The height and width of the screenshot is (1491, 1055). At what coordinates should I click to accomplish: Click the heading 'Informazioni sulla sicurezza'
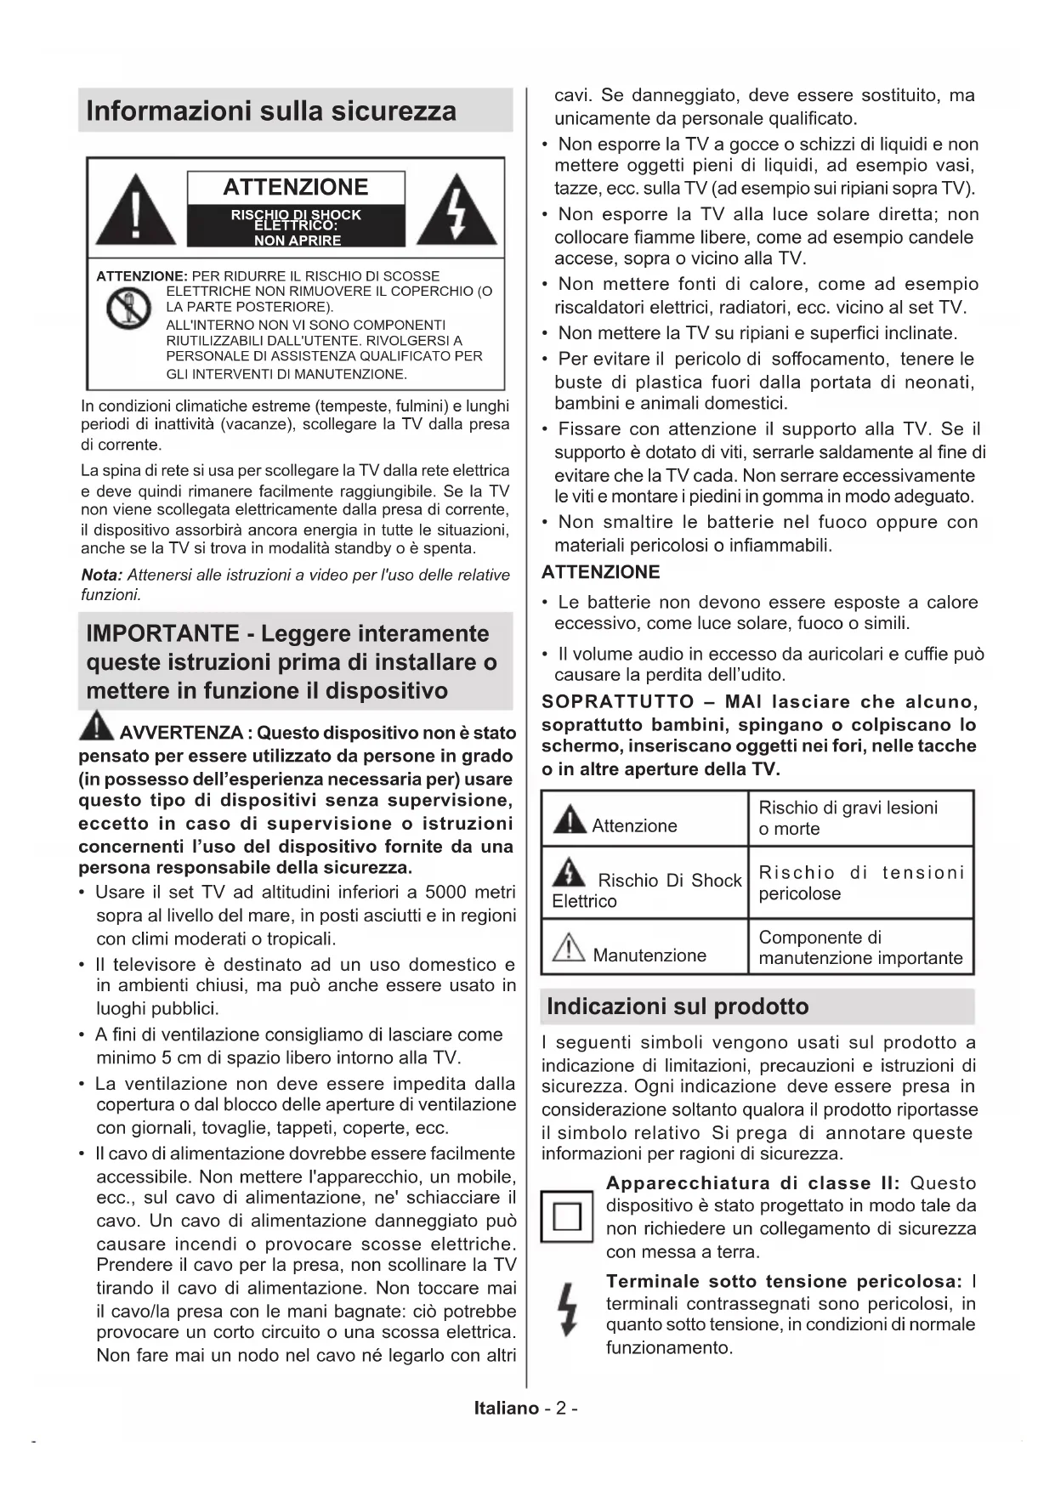coord(271,111)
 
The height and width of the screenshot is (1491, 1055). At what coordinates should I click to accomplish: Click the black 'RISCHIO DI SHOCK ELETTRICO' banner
coord(296,226)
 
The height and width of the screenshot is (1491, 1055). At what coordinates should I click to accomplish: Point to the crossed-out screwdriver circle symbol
coord(128,309)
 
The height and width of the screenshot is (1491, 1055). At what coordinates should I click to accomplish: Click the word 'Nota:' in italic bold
coord(101,575)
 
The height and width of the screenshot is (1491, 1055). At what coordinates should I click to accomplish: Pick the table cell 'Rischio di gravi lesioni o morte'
coord(859,818)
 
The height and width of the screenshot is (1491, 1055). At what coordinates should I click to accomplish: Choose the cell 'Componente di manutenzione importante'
coord(859,947)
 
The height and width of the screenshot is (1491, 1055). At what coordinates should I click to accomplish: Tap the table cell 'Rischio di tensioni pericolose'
coord(859,882)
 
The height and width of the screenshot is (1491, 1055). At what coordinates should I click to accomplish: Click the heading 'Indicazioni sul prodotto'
coord(678,1006)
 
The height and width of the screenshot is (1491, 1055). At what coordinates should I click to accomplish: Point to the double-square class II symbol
coord(567,1216)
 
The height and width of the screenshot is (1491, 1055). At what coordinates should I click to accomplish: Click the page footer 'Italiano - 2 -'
coord(526,1408)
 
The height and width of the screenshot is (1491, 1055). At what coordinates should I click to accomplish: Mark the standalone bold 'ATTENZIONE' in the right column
coord(600,572)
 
